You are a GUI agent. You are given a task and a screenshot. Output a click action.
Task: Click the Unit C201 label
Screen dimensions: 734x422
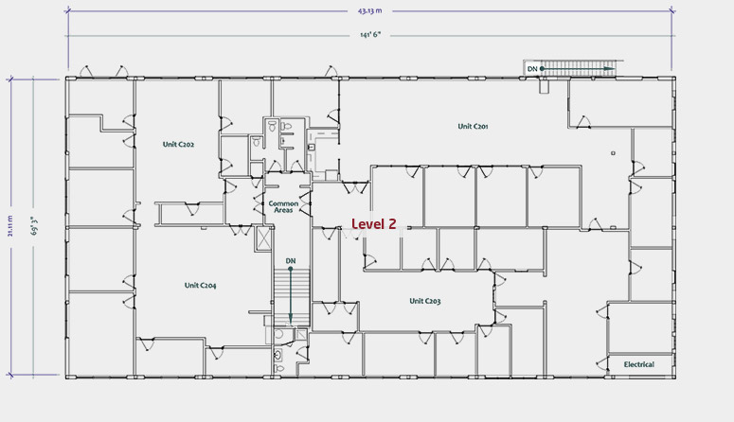pos(473,126)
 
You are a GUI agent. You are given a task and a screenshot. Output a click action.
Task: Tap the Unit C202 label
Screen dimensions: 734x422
pos(178,144)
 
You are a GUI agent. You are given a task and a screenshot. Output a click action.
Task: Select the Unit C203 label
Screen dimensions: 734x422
pos(425,301)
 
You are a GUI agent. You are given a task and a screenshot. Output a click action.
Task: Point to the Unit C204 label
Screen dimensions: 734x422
pos(201,285)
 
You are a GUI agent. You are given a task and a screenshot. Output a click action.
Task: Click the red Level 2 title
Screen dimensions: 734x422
pos(373,224)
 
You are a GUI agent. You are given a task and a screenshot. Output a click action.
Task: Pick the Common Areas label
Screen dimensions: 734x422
pos(283,207)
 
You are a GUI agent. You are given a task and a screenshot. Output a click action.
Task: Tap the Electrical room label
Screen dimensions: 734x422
pos(639,364)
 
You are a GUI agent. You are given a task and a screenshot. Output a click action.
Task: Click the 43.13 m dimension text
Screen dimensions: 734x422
pos(369,10)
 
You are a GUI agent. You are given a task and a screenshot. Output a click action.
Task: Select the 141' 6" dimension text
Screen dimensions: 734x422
pos(370,35)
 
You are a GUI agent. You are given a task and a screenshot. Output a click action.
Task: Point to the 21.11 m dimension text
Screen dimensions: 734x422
pos(10,226)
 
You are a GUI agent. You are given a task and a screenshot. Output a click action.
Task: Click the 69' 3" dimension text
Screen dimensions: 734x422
pos(34,225)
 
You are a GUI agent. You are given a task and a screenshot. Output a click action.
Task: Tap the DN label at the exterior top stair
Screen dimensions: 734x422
pos(532,69)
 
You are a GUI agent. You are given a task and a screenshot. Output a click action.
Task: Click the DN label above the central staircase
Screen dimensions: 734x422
pos(291,260)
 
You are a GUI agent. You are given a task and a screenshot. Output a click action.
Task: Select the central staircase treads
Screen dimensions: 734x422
pos(292,297)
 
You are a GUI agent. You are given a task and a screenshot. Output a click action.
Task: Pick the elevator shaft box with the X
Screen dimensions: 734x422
pos(264,238)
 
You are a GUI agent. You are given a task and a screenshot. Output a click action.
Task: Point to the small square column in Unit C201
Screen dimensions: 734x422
pos(613,153)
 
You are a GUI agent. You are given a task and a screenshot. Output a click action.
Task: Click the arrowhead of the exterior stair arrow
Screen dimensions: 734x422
pos(610,69)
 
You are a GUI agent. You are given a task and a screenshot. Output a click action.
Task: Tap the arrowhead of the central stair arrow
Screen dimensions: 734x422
pos(290,319)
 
